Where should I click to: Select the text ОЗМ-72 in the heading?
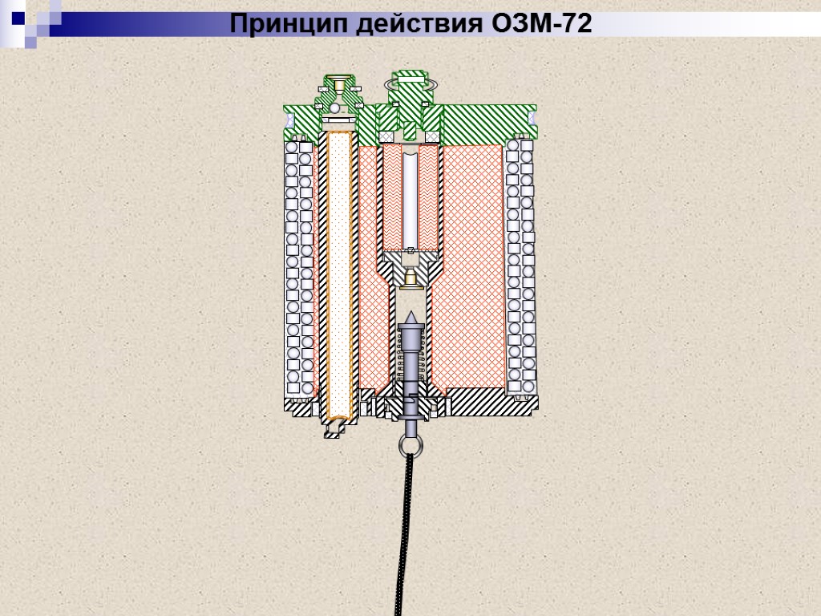coord(540,25)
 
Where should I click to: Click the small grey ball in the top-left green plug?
coord(335,107)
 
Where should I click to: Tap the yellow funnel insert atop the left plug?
coord(339,83)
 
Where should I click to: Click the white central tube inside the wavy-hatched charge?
coord(410,197)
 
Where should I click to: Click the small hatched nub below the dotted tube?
coord(333,432)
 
